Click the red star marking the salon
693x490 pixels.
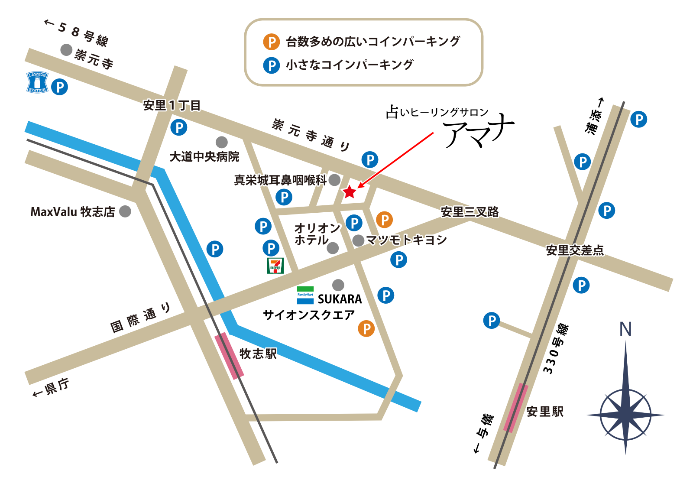pos(349,191)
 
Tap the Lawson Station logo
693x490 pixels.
pos(37,82)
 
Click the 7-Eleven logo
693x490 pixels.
pos(275,265)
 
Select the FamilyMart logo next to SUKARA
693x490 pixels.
pos(305,295)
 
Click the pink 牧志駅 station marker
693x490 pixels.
pos(229,356)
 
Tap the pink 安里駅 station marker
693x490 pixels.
pos(515,408)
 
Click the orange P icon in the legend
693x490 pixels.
pos(272,42)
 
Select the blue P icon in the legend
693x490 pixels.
pos(272,65)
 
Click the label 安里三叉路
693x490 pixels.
pos(470,211)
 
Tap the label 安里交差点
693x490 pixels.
pos(574,250)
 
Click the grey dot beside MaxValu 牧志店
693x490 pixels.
pos(125,211)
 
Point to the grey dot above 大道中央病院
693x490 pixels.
pos(221,142)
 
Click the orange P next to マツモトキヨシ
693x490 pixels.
pos(384,220)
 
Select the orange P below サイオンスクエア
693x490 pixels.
pos(366,328)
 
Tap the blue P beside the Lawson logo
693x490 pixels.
pos(59,87)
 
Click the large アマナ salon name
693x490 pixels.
pos(479,130)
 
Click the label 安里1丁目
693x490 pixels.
pos(172,105)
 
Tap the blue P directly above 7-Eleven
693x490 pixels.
pos(271,248)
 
